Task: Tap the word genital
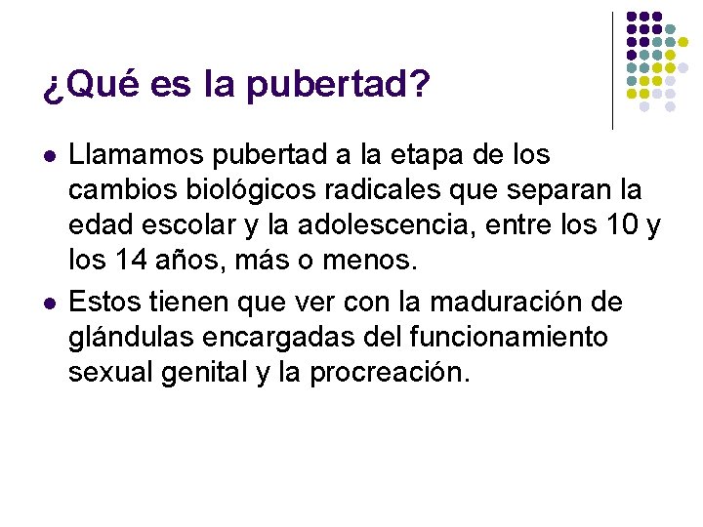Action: (193, 372)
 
